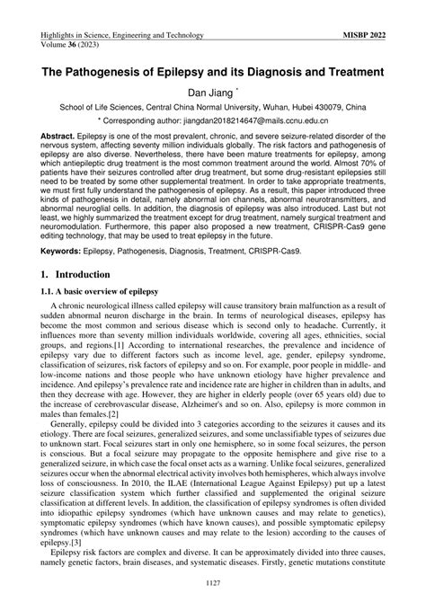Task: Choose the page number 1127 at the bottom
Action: (213, 586)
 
